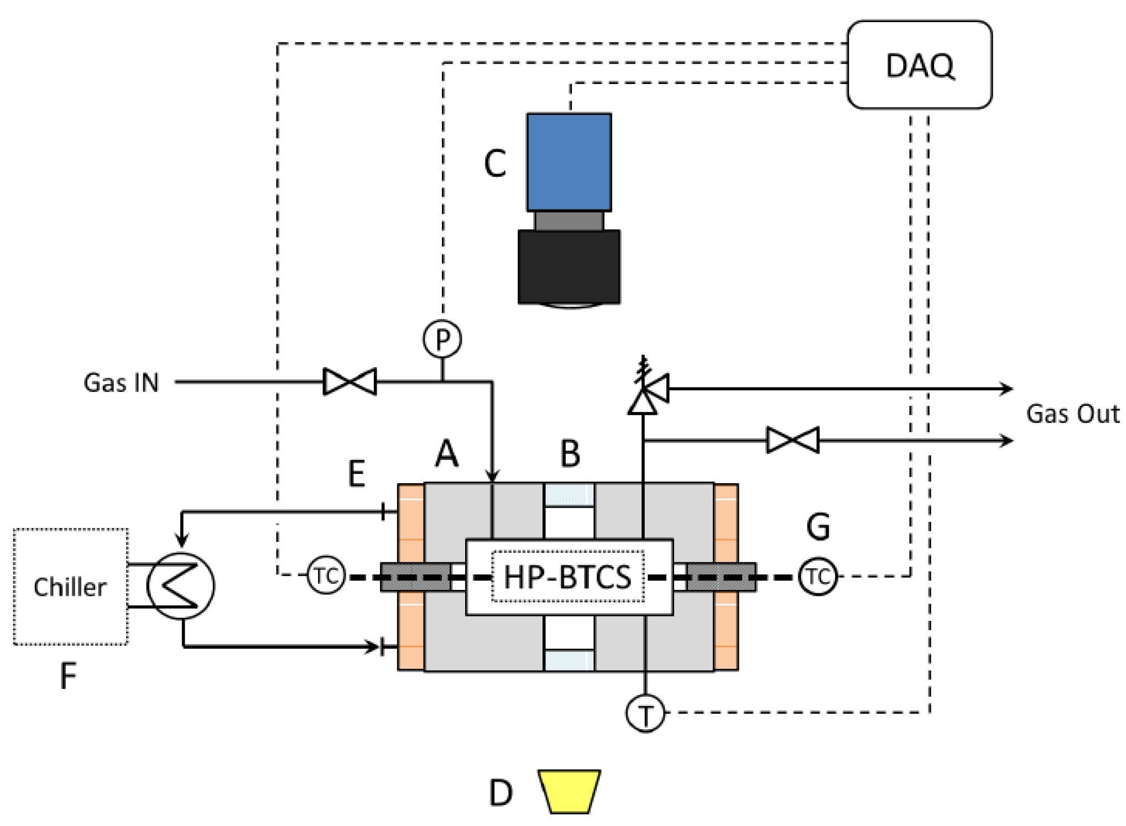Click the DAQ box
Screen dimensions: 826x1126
point(919,65)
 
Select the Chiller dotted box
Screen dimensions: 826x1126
point(70,587)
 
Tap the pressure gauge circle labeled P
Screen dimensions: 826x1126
point(442,339)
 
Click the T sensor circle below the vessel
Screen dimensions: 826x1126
point(645,713)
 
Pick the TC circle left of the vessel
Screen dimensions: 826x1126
point(326,576)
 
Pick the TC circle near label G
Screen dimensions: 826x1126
point(817,576)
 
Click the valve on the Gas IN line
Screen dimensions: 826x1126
point(350,381)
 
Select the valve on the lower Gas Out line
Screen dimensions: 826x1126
point(793,440)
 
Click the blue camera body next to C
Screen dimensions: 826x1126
point(569,162)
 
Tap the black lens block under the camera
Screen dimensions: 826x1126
point(569,266)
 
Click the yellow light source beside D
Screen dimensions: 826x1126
point(570,791)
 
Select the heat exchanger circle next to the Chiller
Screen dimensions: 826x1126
point(181,586)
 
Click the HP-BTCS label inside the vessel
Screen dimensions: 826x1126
point(568,577)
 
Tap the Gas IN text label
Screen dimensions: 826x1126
point(121,383)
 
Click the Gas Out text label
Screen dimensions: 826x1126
point(1072,414)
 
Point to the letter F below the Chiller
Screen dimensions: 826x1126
point(68,676)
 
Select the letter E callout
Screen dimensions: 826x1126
point(357,473)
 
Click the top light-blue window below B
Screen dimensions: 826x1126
point(569,494)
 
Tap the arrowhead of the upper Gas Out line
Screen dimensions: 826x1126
point(1008,389)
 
